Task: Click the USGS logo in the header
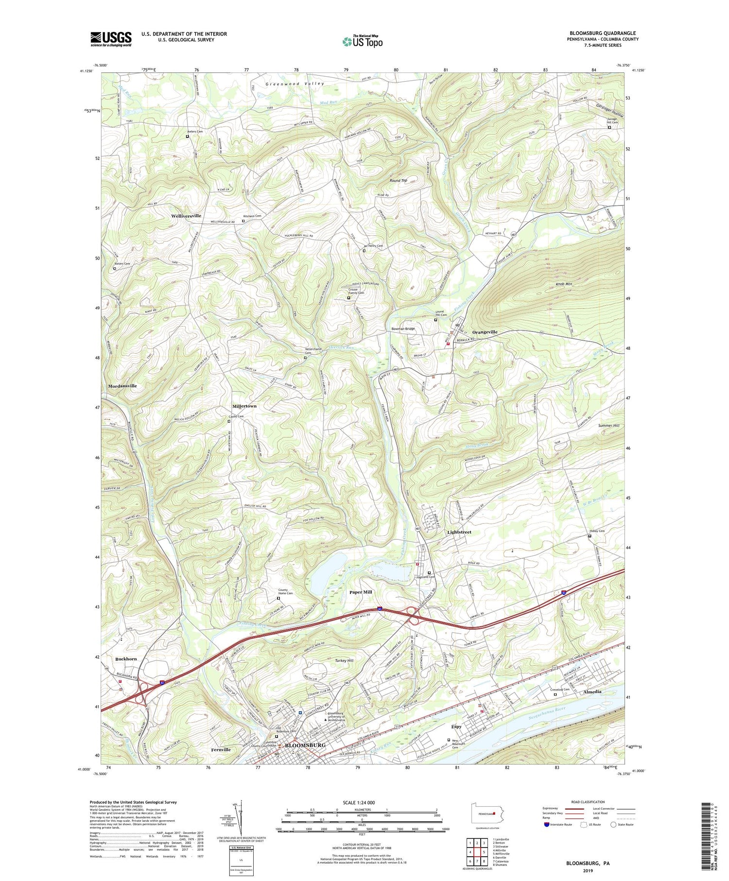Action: point(111,39)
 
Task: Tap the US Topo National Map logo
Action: point(362,41)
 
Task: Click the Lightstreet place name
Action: point(459,532)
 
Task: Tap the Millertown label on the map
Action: point(244,406)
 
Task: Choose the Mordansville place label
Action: point(122,386)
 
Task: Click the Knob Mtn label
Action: point(564,284)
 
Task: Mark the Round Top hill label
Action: point(398,180)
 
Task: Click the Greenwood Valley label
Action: point(295,84)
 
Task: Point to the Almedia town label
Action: point(591,691)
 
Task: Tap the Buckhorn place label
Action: point(126,659)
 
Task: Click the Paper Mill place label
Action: point(361,592)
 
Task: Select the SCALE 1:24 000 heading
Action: point(357,802)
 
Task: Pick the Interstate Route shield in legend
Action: point(546,825)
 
